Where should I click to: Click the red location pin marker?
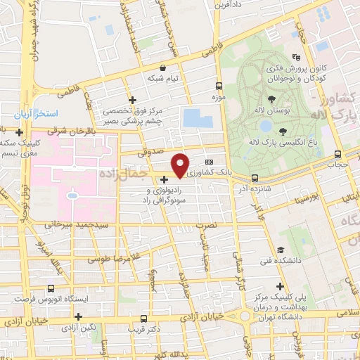click(181, 165)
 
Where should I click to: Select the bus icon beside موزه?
click(218, 87)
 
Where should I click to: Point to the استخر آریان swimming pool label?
click(40, 114)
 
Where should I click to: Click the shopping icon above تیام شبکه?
click(164, 68)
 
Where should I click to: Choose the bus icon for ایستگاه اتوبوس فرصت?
click(50, 288)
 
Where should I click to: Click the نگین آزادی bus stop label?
click(78, 328)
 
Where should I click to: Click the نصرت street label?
click(206, 226)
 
